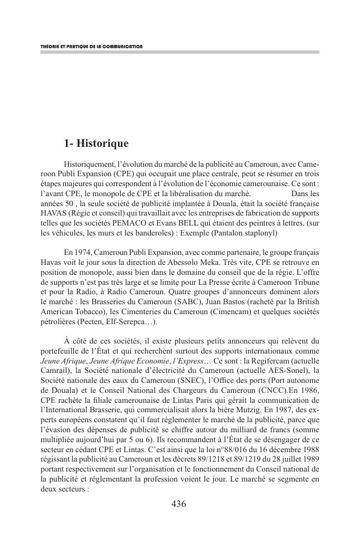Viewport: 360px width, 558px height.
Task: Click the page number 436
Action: (x=179, y=504)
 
